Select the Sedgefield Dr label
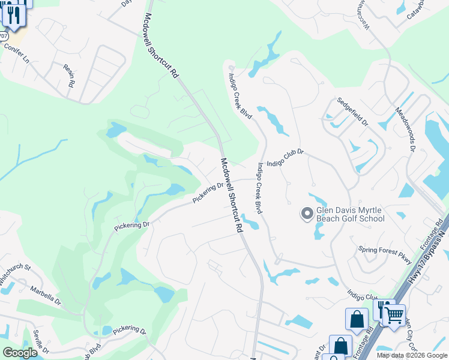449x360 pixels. click(x=352, y=111)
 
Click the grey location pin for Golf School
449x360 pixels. click(x=307, y=214)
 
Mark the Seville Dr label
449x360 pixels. click(x=40, y=340)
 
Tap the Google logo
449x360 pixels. click(x=20, y=352)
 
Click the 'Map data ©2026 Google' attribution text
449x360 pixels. click(x=411, y=355)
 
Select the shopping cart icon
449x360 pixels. click(x=394, y=314)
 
